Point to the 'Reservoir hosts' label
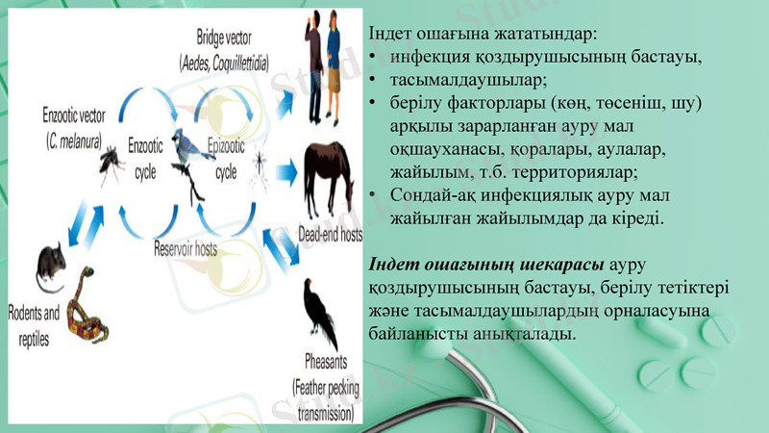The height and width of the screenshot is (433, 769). click(x=186, y=248)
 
